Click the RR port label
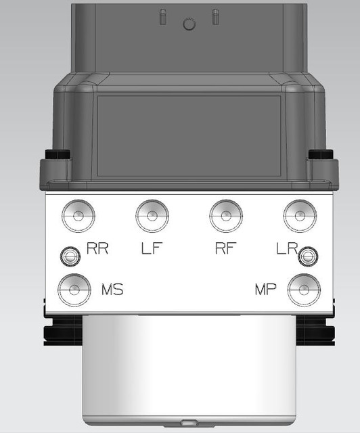click(x=98, y=248)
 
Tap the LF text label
click(x=153, y=248)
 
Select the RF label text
click(x=225, y=248)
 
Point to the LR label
click(x=288, y=248)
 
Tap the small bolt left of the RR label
click(x=68, y=255)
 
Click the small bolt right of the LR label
click(x=309, y=255)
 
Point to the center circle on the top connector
click(x=189, y=24)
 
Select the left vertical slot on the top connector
click(x=162, y=18)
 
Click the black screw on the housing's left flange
click(x=55, y=155)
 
